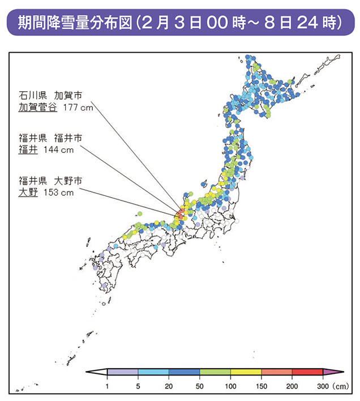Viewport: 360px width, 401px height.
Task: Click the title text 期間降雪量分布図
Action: [x=76, y=23]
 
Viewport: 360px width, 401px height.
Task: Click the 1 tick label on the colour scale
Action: [x=108, y=386]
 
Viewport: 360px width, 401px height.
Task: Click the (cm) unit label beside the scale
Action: [x=341, y=386]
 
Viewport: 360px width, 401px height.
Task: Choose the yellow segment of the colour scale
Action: [x=246, y=373]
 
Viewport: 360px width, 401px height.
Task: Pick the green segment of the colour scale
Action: [x=215, y=373]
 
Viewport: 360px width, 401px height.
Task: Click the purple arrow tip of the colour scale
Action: [x=332, y=373]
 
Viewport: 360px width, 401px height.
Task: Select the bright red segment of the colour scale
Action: [x=307, y=373]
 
